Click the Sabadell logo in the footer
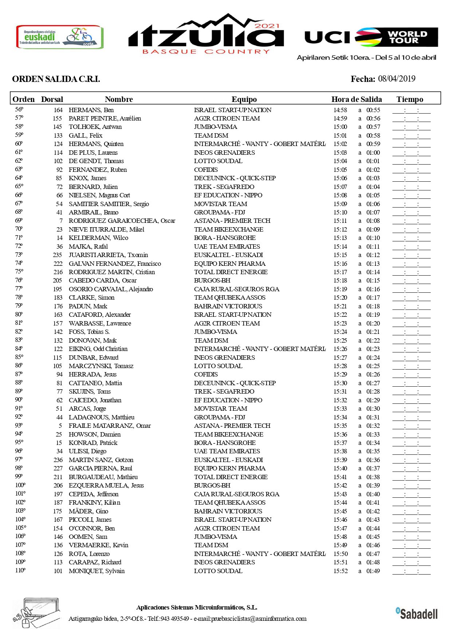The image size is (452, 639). point(417,614)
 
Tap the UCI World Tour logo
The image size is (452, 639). point(371,37)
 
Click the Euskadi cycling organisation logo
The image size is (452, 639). point(60,37)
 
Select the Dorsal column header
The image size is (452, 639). point(52,99)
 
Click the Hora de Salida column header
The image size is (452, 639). point(357,99)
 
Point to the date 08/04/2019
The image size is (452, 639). point(397,79)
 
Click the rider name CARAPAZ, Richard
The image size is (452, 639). point(95,562)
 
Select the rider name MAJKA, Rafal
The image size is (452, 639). point(88,246)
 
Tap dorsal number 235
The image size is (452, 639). point(58,255)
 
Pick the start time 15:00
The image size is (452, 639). point(340,127)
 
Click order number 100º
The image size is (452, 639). point(20,485)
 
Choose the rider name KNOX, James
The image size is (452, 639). point(87,178)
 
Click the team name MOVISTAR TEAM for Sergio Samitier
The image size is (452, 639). point(220,204)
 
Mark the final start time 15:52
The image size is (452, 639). point(340,571)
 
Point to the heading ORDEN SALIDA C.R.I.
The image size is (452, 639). point(56,79)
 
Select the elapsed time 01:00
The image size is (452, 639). point(373,153)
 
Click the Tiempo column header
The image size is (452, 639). point(410,99)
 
